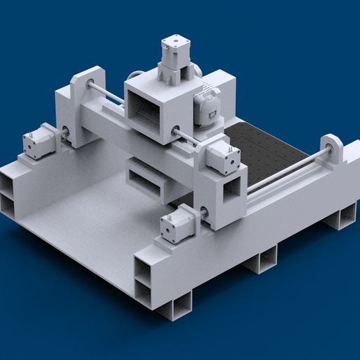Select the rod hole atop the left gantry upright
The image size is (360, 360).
pyautogui.click(x=91, y=85)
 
